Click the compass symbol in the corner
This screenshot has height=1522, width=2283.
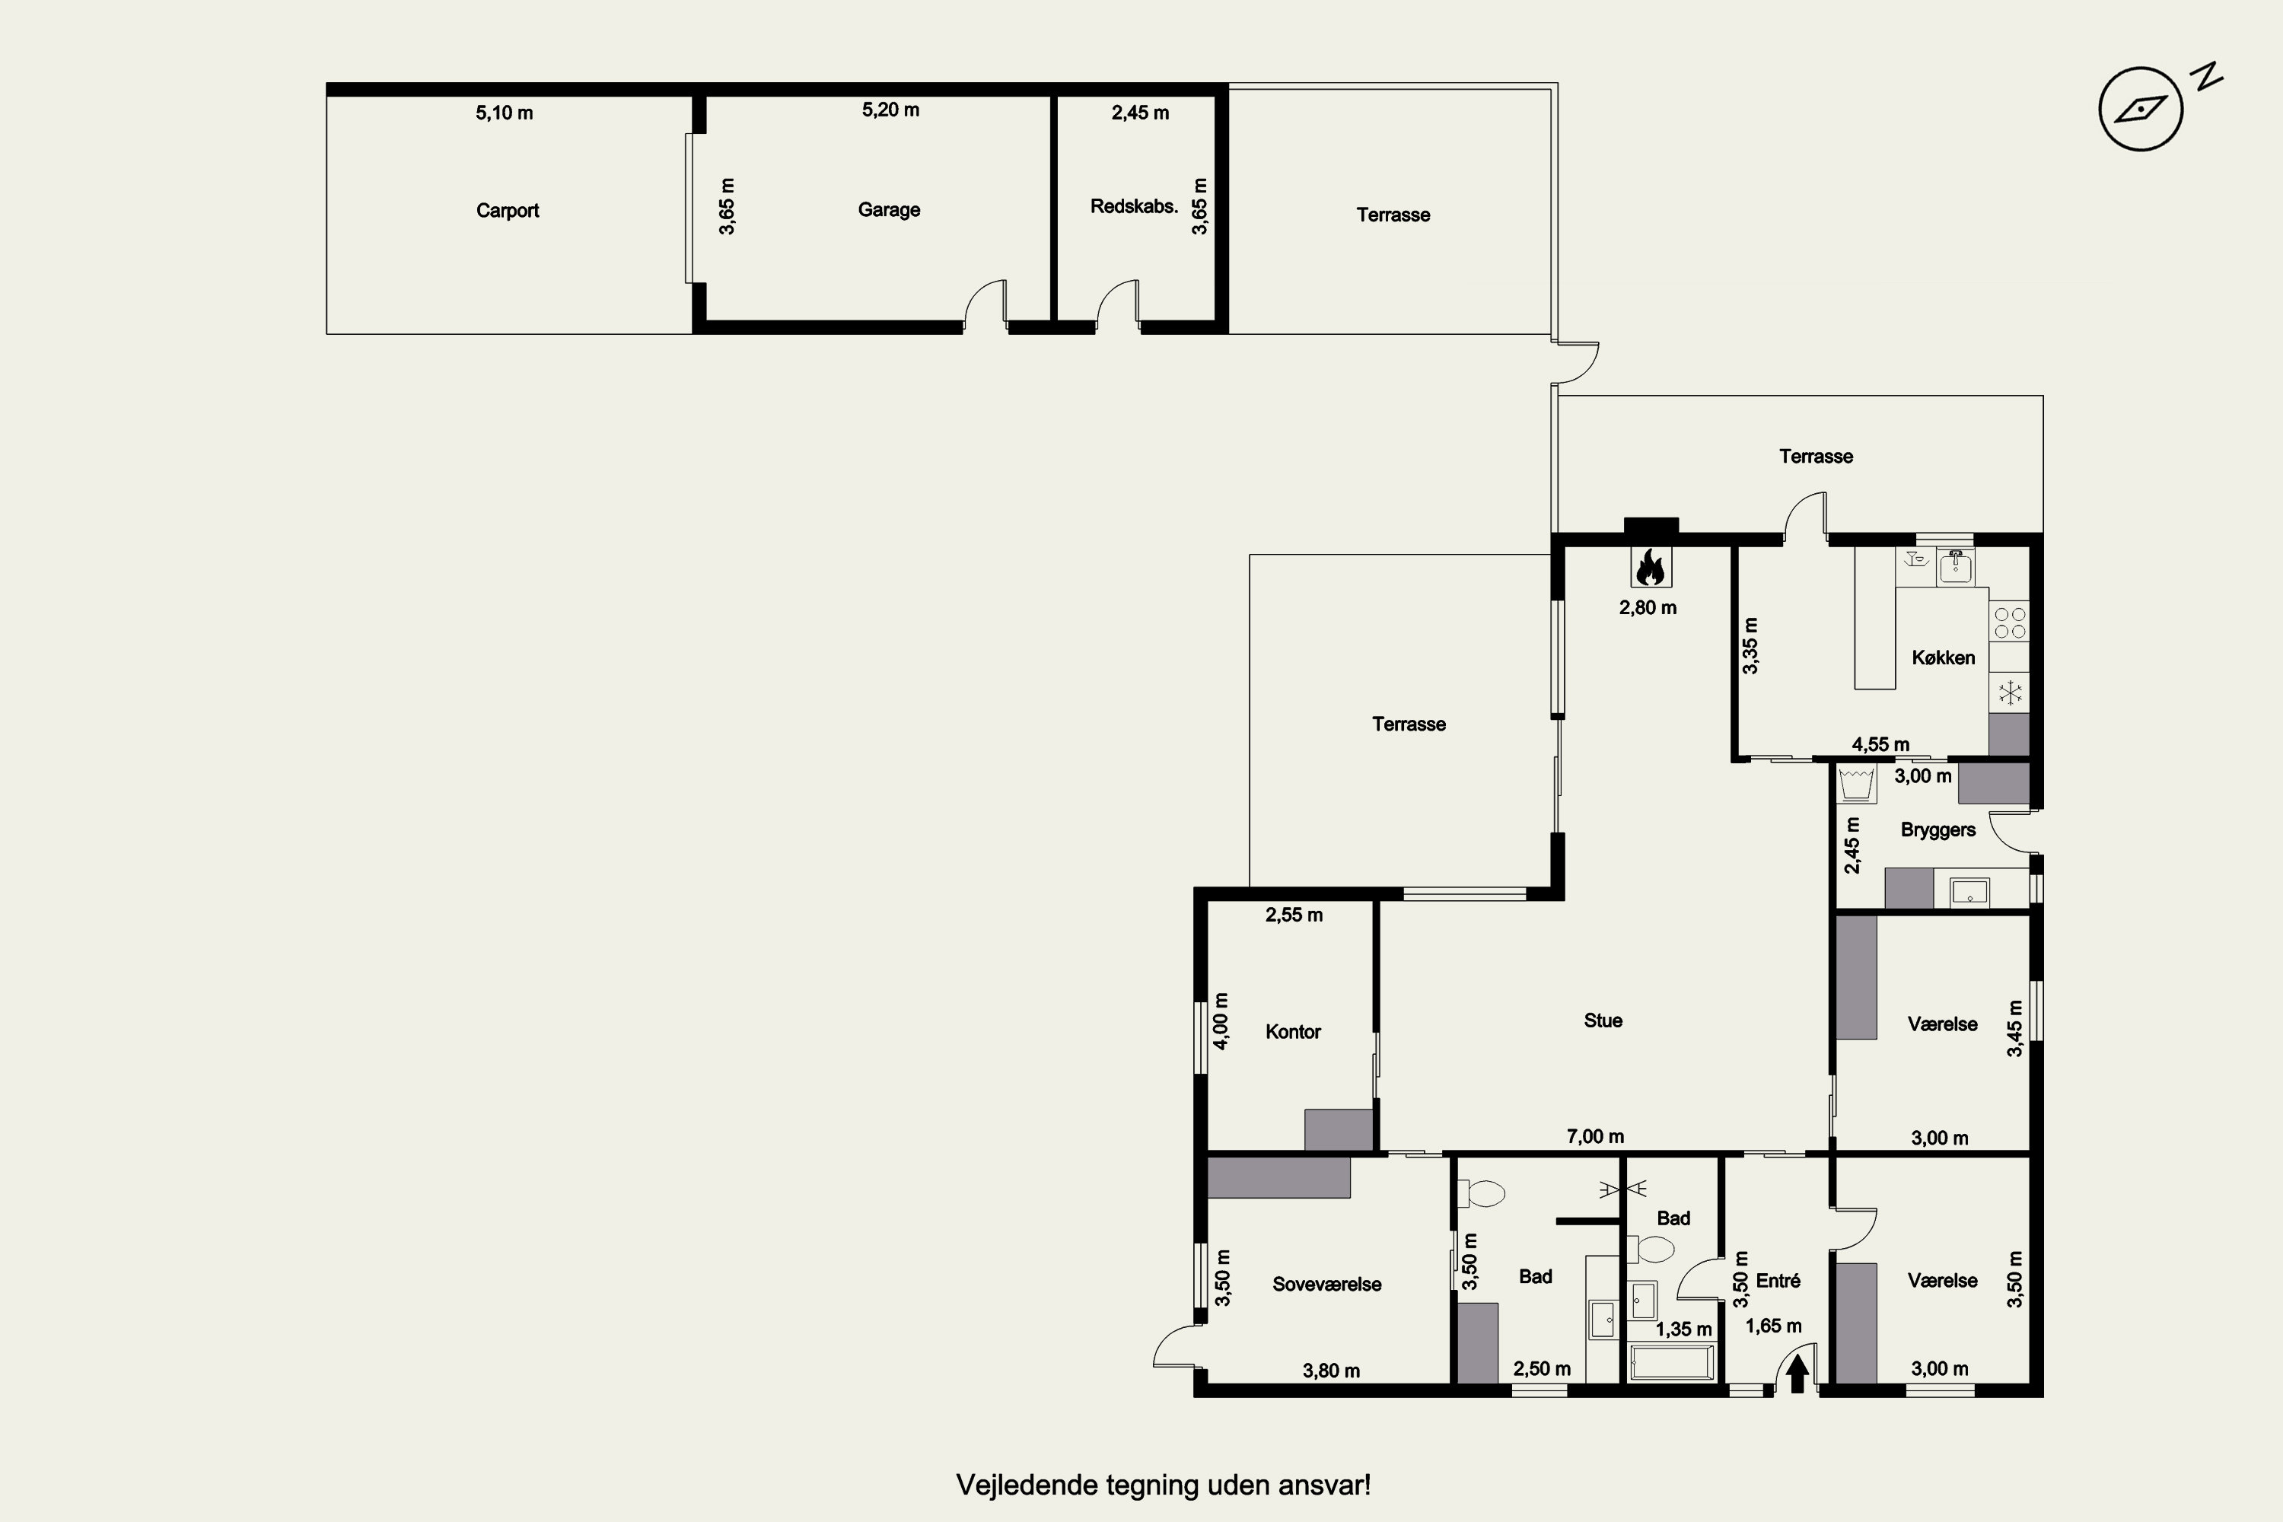(x=2141, y=109)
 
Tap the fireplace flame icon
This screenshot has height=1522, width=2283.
(x=1650, y=567)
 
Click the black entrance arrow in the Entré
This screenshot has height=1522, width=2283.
(x=1797, y=1374)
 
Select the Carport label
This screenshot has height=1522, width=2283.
(x=508, y=211)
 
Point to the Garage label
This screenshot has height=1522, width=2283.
(x=889, y=210)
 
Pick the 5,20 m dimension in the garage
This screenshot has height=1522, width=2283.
(x=890, y=110)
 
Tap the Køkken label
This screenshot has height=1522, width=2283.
(x=1944, y=658)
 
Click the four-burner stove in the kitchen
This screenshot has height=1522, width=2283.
(x=2009, y=622)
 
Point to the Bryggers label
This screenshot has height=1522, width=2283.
(x=1938, y=830)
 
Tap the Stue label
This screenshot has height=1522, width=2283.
(x=1603, y=1021)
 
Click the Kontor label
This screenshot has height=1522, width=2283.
(x=1293, y=1032)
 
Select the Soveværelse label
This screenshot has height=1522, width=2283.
(x=1327, y=1285)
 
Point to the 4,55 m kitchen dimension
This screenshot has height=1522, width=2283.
(x=1880, y=744)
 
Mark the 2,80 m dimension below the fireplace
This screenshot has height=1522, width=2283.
(x=1648, y=607)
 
